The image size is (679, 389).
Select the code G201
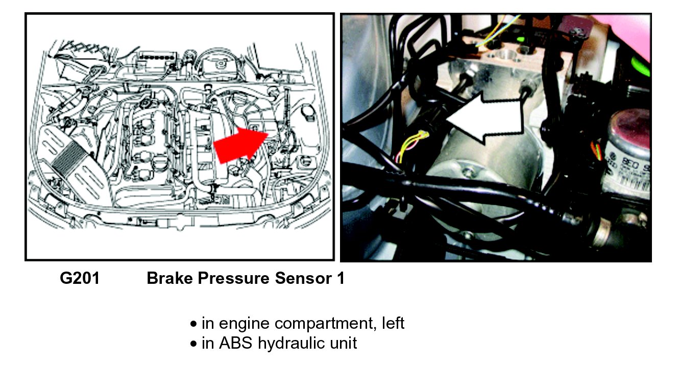[x=80, y=279]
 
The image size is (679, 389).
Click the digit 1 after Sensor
[x=339, y=279]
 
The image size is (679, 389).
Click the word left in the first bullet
[x=393, y=323]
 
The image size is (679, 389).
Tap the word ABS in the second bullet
[x=236, y=343]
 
